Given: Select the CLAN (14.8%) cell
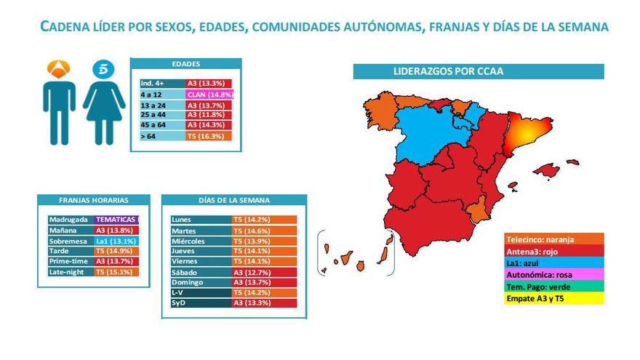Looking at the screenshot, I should click(209, 95).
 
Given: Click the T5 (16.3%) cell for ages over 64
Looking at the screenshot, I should click(209, 136).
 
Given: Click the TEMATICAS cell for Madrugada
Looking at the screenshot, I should click(116, 220).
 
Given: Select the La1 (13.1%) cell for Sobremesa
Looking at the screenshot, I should click(116, 241).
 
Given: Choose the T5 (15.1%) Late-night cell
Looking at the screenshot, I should click(116, 271).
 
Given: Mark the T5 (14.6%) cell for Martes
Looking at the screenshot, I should click(264, 230).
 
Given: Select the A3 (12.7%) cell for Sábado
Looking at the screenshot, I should click(264, 272).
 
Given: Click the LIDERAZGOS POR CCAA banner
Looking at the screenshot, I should click(478, 72).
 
